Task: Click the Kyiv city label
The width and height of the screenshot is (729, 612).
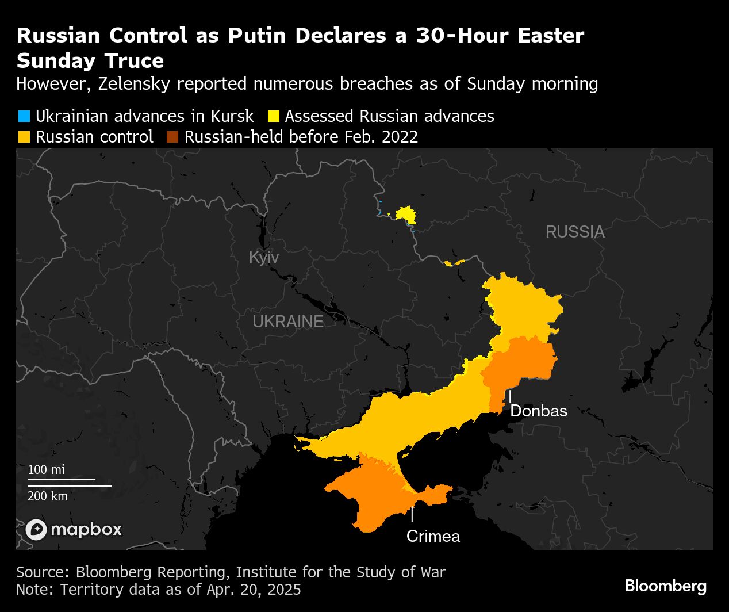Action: [x=263, y=257]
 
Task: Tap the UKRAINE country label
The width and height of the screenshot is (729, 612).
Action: [x=288, y=322]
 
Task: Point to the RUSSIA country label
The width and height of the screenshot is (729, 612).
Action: [x=574, y=232]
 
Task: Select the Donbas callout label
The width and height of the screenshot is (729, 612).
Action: [x=538, y=411]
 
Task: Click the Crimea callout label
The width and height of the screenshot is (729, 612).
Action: [x=433, y=536]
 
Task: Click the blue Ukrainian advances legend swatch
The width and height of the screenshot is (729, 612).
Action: [x=24, y=116]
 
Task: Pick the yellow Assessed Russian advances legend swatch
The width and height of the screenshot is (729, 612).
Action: [x=273, y=116]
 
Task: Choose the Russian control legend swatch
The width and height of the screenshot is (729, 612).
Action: [x=24, y=137]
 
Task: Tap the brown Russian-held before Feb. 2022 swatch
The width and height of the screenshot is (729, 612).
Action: [x=172, y=137]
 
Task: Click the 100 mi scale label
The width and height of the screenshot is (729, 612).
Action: [x=46, y=469]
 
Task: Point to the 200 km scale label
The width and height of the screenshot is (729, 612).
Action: [x=48, y=496]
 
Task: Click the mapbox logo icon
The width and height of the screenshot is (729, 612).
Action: [x=36, y=530]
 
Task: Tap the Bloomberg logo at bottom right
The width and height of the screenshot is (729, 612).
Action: [x=665, y=586]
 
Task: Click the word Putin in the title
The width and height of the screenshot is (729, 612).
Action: [x=256, y=36]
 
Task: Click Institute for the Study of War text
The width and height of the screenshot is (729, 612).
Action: [x=340, y=572]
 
